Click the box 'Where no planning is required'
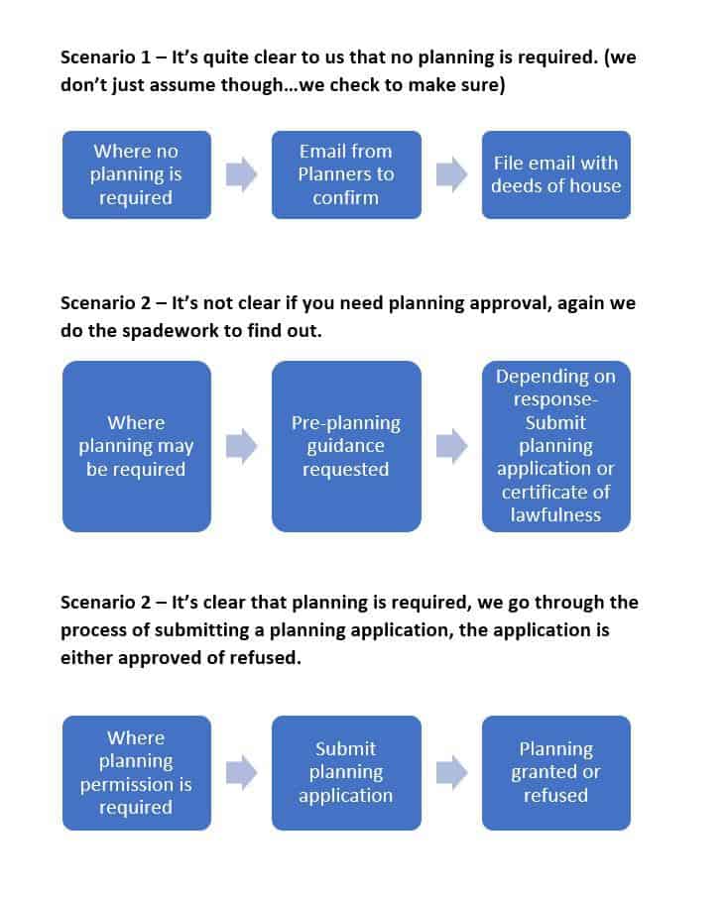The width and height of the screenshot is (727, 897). pos(137,174)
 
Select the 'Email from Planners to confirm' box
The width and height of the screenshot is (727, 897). pos(346,174)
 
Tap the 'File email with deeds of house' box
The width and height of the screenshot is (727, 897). pos(555,174)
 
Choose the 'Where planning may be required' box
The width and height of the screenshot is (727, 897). pos(137,446)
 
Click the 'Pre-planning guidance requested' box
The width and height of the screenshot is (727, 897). pos(346,446)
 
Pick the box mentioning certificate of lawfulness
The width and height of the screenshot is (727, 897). pos(555,446)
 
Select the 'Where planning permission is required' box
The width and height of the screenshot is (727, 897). pos(137,772)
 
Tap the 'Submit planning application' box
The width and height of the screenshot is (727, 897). pos(346,772)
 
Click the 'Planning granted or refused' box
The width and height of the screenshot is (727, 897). pos(555,772)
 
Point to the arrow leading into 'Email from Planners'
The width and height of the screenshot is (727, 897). pos(242,175)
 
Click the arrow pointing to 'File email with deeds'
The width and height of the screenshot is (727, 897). pos(451,175)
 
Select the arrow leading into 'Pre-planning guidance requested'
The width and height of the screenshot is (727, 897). pos(242,446)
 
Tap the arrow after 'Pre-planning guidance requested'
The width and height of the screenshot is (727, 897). pos(451,446)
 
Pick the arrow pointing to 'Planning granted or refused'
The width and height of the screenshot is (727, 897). pos(451,772)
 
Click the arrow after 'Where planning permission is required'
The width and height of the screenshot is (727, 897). pos(242,772)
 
